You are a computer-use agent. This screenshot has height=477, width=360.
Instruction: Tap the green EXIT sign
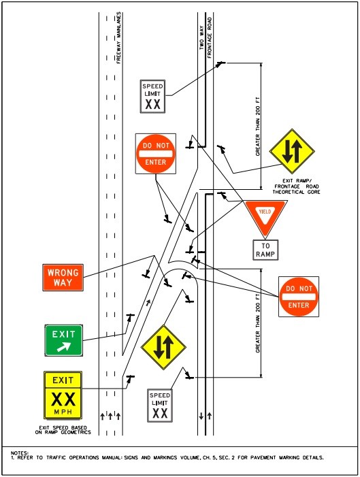coord(64,340)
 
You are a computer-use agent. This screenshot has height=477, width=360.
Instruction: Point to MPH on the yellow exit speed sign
coord(63,412)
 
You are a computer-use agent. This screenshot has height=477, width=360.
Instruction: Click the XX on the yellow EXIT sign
coord(63,399)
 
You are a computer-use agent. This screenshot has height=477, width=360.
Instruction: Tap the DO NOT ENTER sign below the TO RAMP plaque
coord(298,296)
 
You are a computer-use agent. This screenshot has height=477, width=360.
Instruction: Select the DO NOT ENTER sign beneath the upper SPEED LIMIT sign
coord(155,153)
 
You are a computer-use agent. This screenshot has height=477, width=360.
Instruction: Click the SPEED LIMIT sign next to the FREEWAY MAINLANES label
coord(152,96)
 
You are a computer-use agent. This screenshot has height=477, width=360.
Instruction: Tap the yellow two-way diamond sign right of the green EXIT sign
coord(163,347)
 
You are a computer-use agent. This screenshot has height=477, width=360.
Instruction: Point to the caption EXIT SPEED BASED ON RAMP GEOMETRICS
coord(63,429)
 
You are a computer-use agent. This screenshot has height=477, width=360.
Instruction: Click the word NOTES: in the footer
coord(20,452)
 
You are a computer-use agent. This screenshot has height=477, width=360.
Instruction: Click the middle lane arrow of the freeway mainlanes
coord(110,414)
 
